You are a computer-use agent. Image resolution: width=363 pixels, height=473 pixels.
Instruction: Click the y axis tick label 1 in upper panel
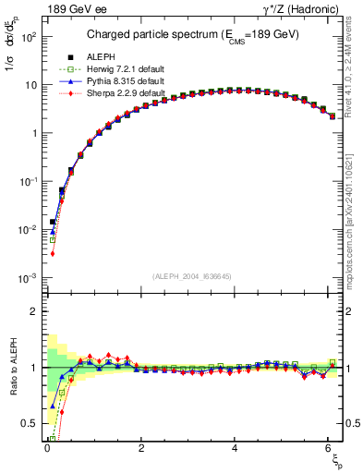[x=33, y=133]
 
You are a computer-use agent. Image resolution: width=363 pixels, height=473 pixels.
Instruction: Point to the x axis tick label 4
[x=236, y=448]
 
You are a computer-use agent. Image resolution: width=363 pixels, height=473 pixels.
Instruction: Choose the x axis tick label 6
[x=331, y=448]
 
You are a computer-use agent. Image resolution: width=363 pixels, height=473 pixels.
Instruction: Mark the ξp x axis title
[x=336, y=460]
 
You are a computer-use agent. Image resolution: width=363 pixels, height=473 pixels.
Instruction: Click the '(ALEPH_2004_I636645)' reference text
[x=191, y=276]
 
